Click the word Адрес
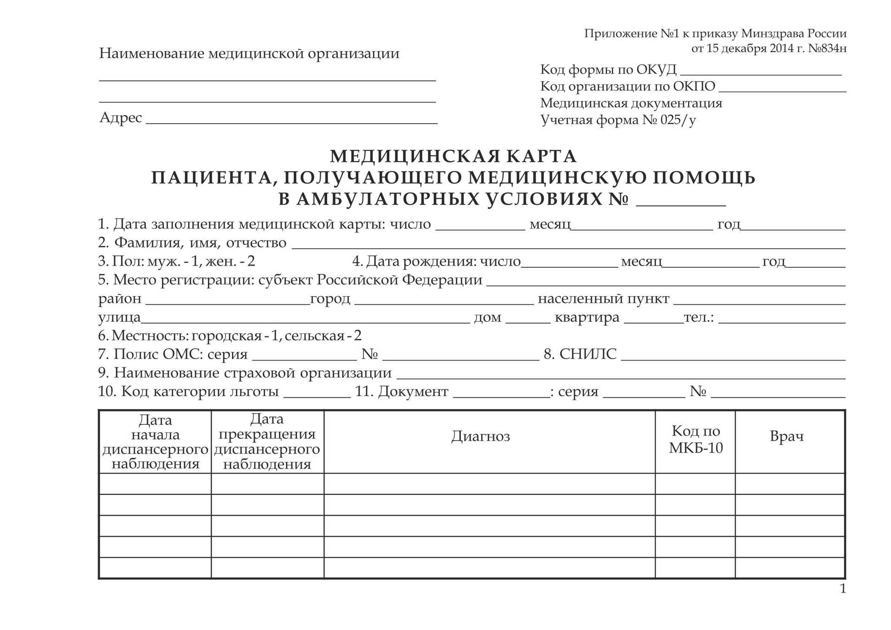click(x=121, y=117)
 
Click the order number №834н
click(x=827, y=48)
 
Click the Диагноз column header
click(x=480, y=436)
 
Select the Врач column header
click(x=787, y=436)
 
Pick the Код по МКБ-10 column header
click(x=696, y=439)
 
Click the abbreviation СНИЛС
click(x=588, y=354)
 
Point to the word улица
click(x=119, y=318)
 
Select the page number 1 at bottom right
click(x=843, y=589)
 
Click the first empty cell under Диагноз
click(x=489, y=484)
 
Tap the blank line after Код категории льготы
click(x=317, y=394)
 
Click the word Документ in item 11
click(x=413, y=392)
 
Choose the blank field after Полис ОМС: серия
click(x=305, y=357)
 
